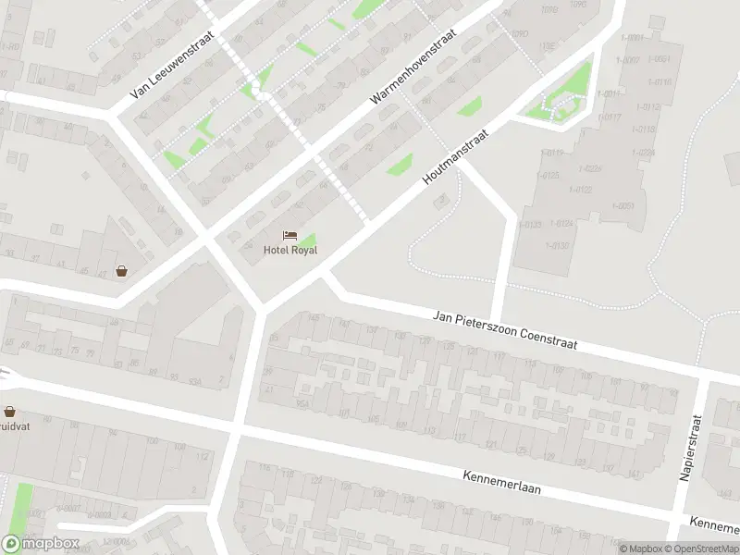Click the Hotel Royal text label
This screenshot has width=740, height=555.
click(x=290, y=250)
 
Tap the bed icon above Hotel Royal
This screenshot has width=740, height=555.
click(x=290, y=236)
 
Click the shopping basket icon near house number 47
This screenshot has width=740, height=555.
click(x=121, y=271)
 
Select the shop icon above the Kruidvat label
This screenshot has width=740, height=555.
click(x=10, y=412)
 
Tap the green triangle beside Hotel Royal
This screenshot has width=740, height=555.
click(x=307, y=240)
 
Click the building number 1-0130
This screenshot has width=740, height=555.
click(x=558, y=245)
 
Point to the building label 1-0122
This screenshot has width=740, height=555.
click(x=584, y=190)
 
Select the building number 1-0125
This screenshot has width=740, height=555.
click(x=552, y=175)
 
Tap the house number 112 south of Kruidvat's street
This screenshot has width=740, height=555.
click(x=203, y=455)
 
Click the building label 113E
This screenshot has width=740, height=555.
click(x=549, y=44)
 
